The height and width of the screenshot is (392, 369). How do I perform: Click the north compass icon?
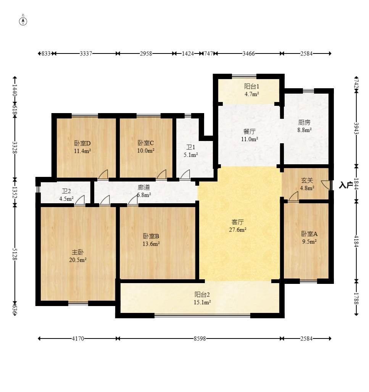pos(23,21)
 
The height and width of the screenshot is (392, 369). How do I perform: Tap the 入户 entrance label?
pos(346,185)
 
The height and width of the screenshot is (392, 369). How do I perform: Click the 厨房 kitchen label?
pos(305,122)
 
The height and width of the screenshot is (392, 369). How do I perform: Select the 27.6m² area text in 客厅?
pos(238,230)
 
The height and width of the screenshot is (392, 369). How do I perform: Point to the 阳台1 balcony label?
pos(251,86)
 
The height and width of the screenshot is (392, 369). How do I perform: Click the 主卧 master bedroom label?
pos(77,252)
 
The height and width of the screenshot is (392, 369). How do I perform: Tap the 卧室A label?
pos(309,234)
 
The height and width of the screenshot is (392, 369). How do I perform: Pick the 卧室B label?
pos(151,236)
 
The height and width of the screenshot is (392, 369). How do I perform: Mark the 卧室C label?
pos(146,143)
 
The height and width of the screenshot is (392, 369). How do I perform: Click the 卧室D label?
pos(82,143)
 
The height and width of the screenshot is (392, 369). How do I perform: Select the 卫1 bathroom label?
pos(191,147)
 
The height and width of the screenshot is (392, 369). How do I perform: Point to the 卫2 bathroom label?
pos(66,191)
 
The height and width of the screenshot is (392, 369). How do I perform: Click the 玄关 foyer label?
pos(307,180)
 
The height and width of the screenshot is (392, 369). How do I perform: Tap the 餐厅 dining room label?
pos(250,131)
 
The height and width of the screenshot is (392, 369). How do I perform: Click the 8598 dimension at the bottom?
pos(200,339)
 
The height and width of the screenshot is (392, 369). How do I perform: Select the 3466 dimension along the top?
pos(249,53)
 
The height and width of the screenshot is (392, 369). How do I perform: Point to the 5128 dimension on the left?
pos(15,254)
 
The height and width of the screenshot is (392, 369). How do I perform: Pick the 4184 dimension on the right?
pos(356,241)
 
